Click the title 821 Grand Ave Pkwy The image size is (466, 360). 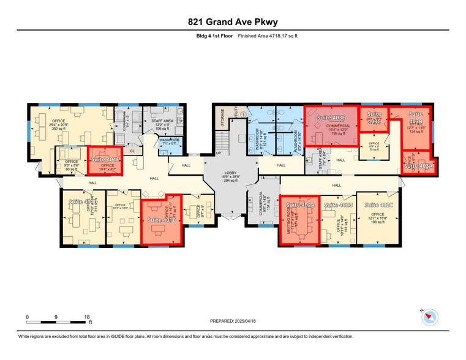pyautogui.click(x=233, y=22)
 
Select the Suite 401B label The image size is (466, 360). pyautogui.click(x=162, y=219)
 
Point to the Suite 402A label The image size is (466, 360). pyautogui.click(x=301, y=204)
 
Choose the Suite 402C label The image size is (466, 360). pyautogui.click(x=378, y=204)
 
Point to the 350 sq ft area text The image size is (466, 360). pyautogui.click(x=59, y=129)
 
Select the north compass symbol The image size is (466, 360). pyautogui.click(x=432, y=317)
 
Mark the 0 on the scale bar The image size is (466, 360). pyautogui.click(x=27, y=317)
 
